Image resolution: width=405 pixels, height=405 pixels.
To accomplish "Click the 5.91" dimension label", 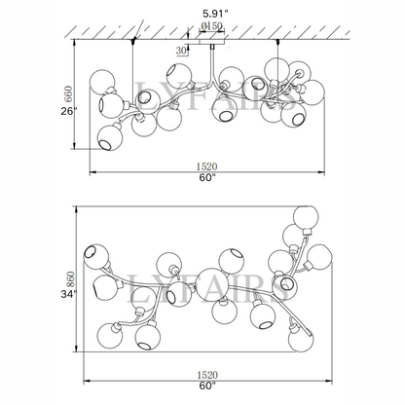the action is [x=215, y=14].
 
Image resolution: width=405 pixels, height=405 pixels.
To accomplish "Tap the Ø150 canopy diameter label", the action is [x=211, y=25].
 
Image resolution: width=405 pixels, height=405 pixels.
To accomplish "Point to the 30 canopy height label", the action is [x=182, y=51].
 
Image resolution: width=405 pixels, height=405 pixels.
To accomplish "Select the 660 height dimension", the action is [x=68, y=93].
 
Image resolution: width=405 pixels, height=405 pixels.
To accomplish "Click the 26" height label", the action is [x=69, y=111].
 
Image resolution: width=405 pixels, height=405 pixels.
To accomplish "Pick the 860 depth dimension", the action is [x=71, y=280].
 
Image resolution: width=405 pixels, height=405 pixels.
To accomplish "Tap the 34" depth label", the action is [x=69, y=294].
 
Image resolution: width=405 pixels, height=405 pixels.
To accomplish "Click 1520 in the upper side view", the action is [x=206, y=166].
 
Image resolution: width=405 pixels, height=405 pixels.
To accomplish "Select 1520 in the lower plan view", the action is [x=207, y=375].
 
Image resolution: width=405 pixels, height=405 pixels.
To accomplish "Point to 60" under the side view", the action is [x=207, y=178].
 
